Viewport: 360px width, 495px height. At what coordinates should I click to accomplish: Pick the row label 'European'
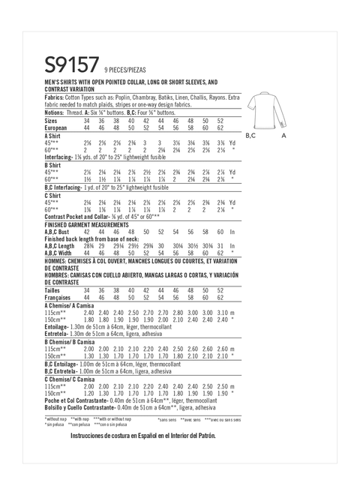[x=57, y=127]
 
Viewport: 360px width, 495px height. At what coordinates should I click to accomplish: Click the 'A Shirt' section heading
[x=55, y=135]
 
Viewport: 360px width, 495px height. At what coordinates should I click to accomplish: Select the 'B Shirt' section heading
[x=55, y=164]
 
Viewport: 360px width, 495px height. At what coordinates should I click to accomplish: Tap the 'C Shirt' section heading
[x=55, y=194]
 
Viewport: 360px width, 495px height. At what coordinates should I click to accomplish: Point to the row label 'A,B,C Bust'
[x=60, y=232]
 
